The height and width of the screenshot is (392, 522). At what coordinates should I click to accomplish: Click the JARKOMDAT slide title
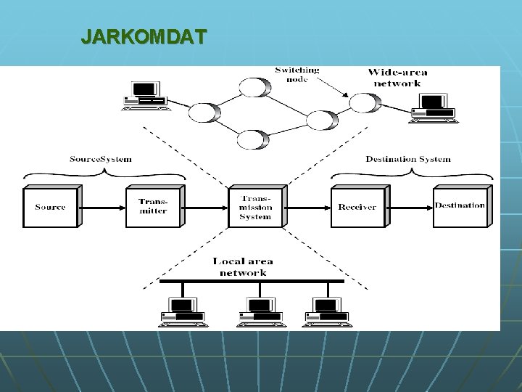[x=144, y=36]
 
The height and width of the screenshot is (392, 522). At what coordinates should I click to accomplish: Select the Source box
[x=50, y=207]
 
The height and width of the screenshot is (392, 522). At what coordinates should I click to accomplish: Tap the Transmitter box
[x=152, y=207]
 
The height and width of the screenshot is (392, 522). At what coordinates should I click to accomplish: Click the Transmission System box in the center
[x=255, y=207]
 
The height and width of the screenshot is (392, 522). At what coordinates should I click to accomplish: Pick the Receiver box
[x=357, y=207]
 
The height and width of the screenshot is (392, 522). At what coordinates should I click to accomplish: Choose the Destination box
[x=460, y=206]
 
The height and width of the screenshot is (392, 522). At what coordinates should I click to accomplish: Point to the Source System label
[x=101, y=159]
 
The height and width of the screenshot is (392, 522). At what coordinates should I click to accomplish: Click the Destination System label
[x=407, y=159]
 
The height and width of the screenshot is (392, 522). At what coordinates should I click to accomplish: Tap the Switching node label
[x=297, y=75]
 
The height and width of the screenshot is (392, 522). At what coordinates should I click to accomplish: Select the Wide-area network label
[x=397, y=77]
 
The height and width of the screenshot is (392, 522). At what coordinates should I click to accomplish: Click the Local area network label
[x=243, y=267]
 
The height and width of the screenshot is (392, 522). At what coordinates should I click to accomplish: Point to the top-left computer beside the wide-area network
[x=146, y=97]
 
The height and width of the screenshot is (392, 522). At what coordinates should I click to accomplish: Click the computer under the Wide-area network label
[x=434, y=108]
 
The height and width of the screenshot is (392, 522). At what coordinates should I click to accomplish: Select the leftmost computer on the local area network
[x=183, y=312]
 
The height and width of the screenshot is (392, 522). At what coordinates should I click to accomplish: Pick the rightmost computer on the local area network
[x=326, y=312]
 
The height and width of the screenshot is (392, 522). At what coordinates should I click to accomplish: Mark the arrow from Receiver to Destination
[x=410, y=207]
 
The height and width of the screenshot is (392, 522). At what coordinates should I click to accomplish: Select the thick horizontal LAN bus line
[x=252, y=281]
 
